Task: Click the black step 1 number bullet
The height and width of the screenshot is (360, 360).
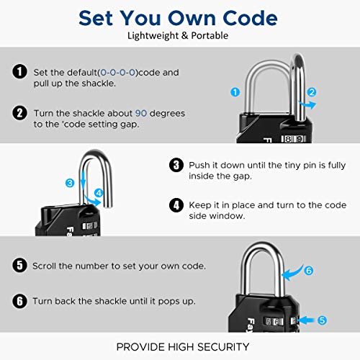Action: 19,71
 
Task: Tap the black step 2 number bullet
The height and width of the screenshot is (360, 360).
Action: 19,114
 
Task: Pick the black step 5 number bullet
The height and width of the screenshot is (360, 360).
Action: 19,266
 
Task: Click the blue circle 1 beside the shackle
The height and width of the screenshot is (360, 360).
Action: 234,91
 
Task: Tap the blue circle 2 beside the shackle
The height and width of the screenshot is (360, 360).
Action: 311,91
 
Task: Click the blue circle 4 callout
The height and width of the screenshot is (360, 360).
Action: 99,192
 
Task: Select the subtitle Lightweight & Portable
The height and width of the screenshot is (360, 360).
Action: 180,35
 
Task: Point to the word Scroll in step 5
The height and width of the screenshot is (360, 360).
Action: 45,266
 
